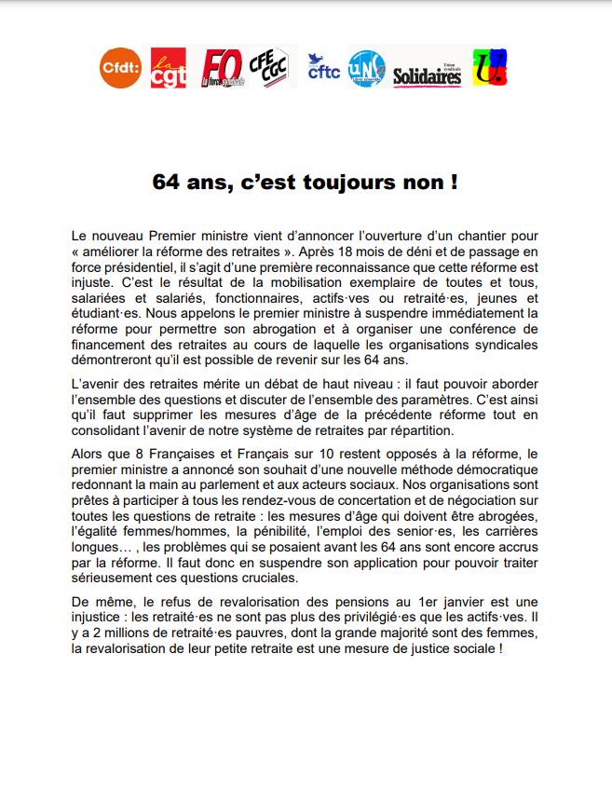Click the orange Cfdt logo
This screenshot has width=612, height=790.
[120, 68]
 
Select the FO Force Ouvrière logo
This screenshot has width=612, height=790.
[221, 68]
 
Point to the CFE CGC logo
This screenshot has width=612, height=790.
[270, 67]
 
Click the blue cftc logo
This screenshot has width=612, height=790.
[322, 68]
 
